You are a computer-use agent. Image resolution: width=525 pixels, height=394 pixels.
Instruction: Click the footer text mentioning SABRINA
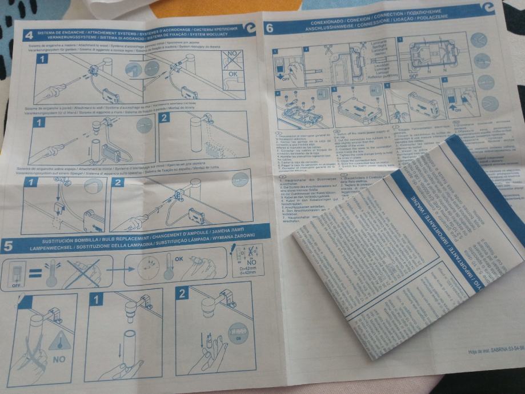494,352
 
